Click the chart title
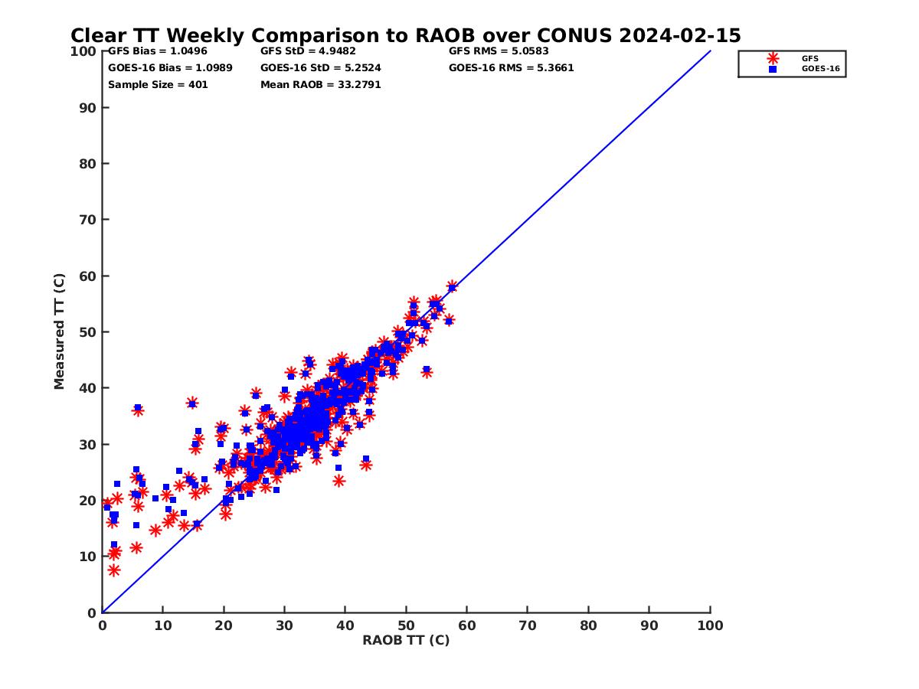pos(405,36)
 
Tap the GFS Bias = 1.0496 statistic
pos(157,51)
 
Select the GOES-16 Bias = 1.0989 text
pos(170,68)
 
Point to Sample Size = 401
pos(158,85)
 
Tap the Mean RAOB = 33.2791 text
pos(320,85)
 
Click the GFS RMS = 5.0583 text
pos(499,51)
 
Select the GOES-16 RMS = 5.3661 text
pos(511,68)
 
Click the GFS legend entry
pos(809,58)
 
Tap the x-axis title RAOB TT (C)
pos(406,641)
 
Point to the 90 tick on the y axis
pos(88,107)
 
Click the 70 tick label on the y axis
pos(88,220)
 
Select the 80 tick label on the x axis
pos(588,625)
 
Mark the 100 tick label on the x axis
pos(710,625)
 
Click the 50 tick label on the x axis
pos(406,625)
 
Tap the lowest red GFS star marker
pos(114,570)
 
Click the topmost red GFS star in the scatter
pos(452,286)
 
